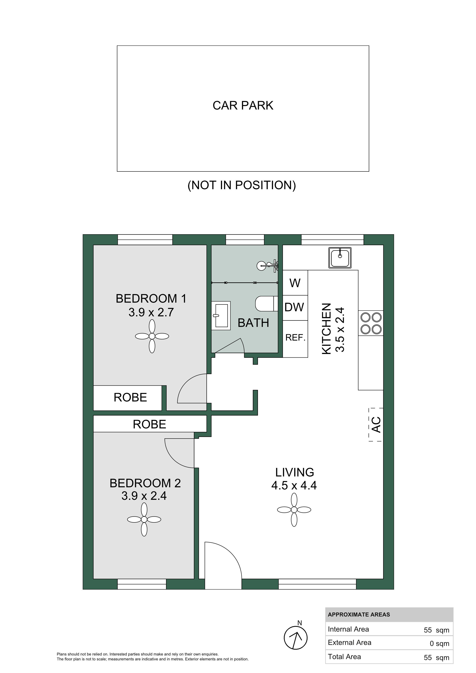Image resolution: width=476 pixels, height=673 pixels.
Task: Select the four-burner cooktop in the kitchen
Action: point(371,323)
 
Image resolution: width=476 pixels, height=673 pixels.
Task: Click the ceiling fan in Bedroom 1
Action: point(152,336)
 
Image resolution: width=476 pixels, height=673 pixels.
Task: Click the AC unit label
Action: point(376,425)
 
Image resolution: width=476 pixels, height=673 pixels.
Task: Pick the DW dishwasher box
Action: point(295,308)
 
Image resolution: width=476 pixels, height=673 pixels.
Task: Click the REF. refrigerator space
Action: point(295,339)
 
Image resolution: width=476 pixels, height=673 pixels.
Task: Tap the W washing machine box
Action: point(295,283)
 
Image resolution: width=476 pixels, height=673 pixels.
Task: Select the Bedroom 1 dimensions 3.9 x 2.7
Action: point(151,313)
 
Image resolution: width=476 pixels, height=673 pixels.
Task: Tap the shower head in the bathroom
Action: point(267,266)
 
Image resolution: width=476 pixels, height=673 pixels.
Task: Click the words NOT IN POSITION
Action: point(242,185)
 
